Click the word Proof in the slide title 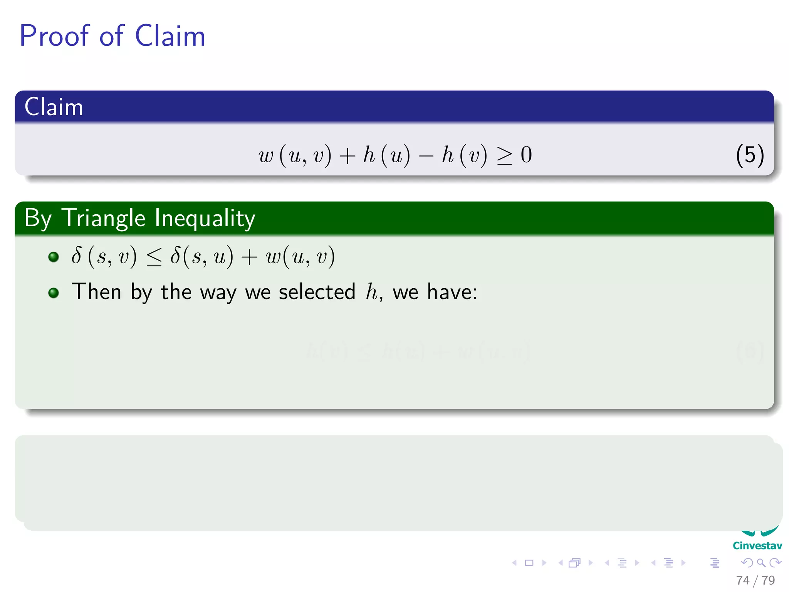[x=54, y=36]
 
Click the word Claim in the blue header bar [x=54, y=107]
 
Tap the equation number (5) [x=750, y=155]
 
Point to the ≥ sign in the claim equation [x=505, y=156]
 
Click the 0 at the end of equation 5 [x=526, y=155]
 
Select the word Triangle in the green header [x=104, y=218]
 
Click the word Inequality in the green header [x=205, y=218]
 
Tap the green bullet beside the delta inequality [x=54, y=257]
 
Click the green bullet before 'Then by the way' [x=54, y=293]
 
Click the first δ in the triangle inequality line [x=76, y=256]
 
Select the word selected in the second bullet [x=317, y=292]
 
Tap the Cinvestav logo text [x=757, y=546]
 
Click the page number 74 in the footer [x=742, y=580]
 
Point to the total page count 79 [x=768, y=580]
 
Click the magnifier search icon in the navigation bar [x=761, y=563]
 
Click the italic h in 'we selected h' [x=371, y=292]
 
